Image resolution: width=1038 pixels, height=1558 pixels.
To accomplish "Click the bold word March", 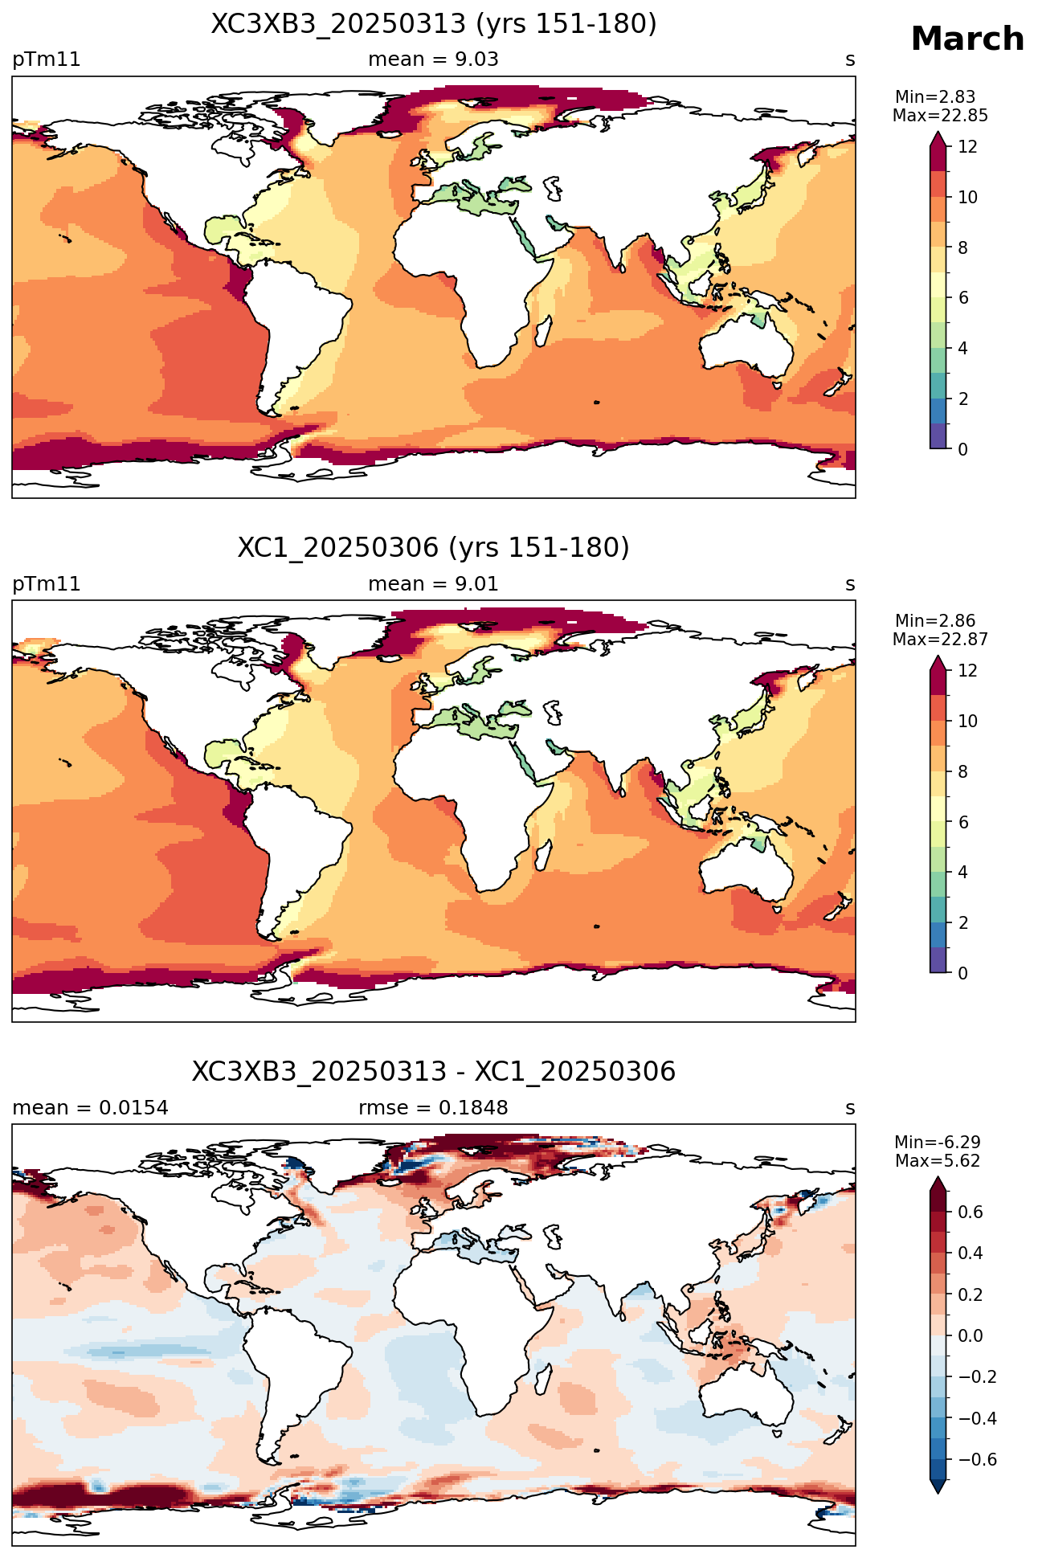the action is tap(967, 39).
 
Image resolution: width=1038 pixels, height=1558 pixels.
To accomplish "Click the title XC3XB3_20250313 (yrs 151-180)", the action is tap(434, 24).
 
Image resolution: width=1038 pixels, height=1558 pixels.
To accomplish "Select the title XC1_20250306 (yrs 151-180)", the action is tap(434, 548).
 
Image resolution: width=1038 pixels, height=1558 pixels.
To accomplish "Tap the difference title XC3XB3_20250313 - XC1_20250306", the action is tap(434, 1072).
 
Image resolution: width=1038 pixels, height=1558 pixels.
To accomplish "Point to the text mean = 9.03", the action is tap(433, 59).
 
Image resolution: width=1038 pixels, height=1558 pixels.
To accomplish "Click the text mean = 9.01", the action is tap(433, 584).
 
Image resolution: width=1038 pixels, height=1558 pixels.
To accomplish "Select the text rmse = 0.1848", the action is tap(433, 1108).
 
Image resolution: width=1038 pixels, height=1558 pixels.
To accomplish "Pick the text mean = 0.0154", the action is tap(90, 1108).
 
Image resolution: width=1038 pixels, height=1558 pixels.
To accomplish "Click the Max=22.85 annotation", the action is tap(940, 116).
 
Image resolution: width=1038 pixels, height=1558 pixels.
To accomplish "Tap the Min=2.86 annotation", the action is tap(935, 621).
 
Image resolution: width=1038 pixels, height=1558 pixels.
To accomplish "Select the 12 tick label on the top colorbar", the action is tap(967, 146).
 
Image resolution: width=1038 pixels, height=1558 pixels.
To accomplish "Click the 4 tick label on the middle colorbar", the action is tap(963, 873).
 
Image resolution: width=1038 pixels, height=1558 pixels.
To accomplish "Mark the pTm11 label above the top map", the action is tap(47, 60).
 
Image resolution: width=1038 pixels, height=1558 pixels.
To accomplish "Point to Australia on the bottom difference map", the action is tap(746, 1394).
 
